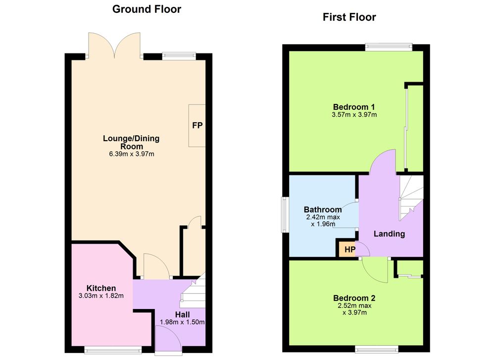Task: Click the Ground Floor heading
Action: [147, 9]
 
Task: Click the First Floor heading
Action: [349, 17]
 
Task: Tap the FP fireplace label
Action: [198, 125]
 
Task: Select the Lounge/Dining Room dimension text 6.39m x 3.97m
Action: [132, 154]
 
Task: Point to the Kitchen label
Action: [101, 288]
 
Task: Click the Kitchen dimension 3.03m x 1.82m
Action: [101, 296]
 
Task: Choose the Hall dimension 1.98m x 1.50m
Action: [182, 322]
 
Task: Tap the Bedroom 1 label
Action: [354, 107]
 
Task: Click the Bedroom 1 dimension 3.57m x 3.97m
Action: [354, 114]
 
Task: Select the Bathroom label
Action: [323, 209]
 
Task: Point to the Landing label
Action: [389, 234]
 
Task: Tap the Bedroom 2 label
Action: [354, 298]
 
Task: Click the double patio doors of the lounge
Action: [114, 46]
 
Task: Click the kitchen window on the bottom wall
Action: [113, 349]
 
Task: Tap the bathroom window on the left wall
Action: [286, 215]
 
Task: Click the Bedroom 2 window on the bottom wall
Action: [377, 349]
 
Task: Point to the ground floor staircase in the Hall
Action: [193, 292]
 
